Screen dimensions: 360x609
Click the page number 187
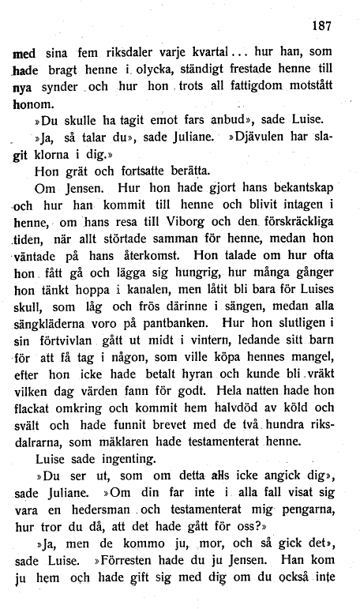321,24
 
